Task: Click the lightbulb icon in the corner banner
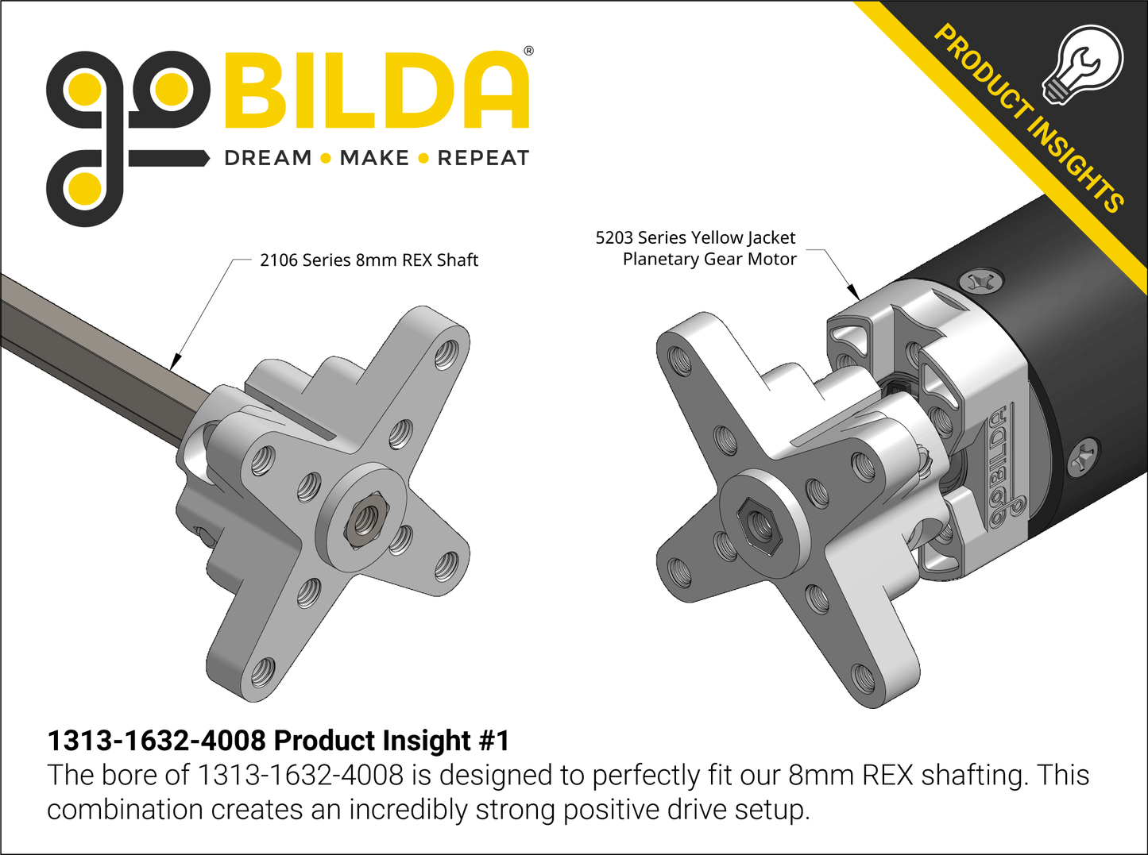1083,64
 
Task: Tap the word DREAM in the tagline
268,158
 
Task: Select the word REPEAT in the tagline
483,158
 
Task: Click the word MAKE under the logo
374,158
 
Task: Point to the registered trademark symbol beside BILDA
528,52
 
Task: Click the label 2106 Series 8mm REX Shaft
369,260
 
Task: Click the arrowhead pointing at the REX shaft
176,362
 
